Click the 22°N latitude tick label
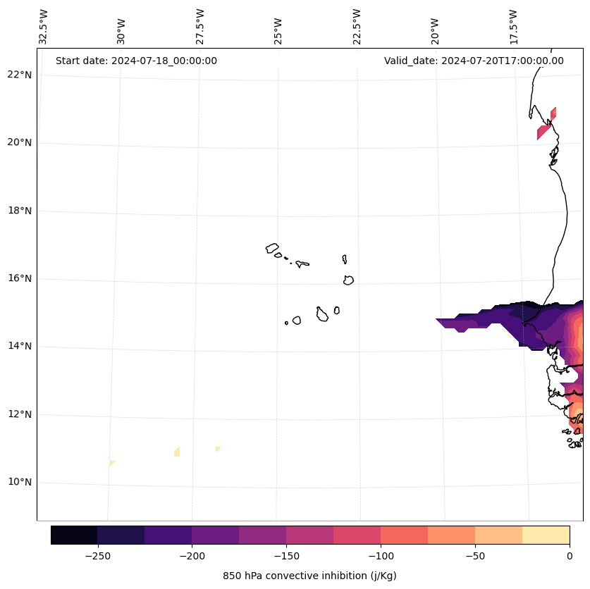(19, 75)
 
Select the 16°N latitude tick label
(19, 278)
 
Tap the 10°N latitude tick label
(19, 482)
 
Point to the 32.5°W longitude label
(44, 27)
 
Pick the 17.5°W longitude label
(514, 27)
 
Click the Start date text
(136, 61)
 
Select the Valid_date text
(474, 61)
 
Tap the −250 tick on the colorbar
(97, 556)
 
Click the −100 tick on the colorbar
(381, 556)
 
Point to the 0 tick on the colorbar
(570, 556)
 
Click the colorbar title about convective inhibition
(309, 576)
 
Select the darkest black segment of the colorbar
(74, 535)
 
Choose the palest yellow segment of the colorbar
(546, 535)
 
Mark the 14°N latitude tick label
(19, 346)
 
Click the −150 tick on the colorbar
(286, 556)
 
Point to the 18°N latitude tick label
(19, 211)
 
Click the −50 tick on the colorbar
(475, 556)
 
